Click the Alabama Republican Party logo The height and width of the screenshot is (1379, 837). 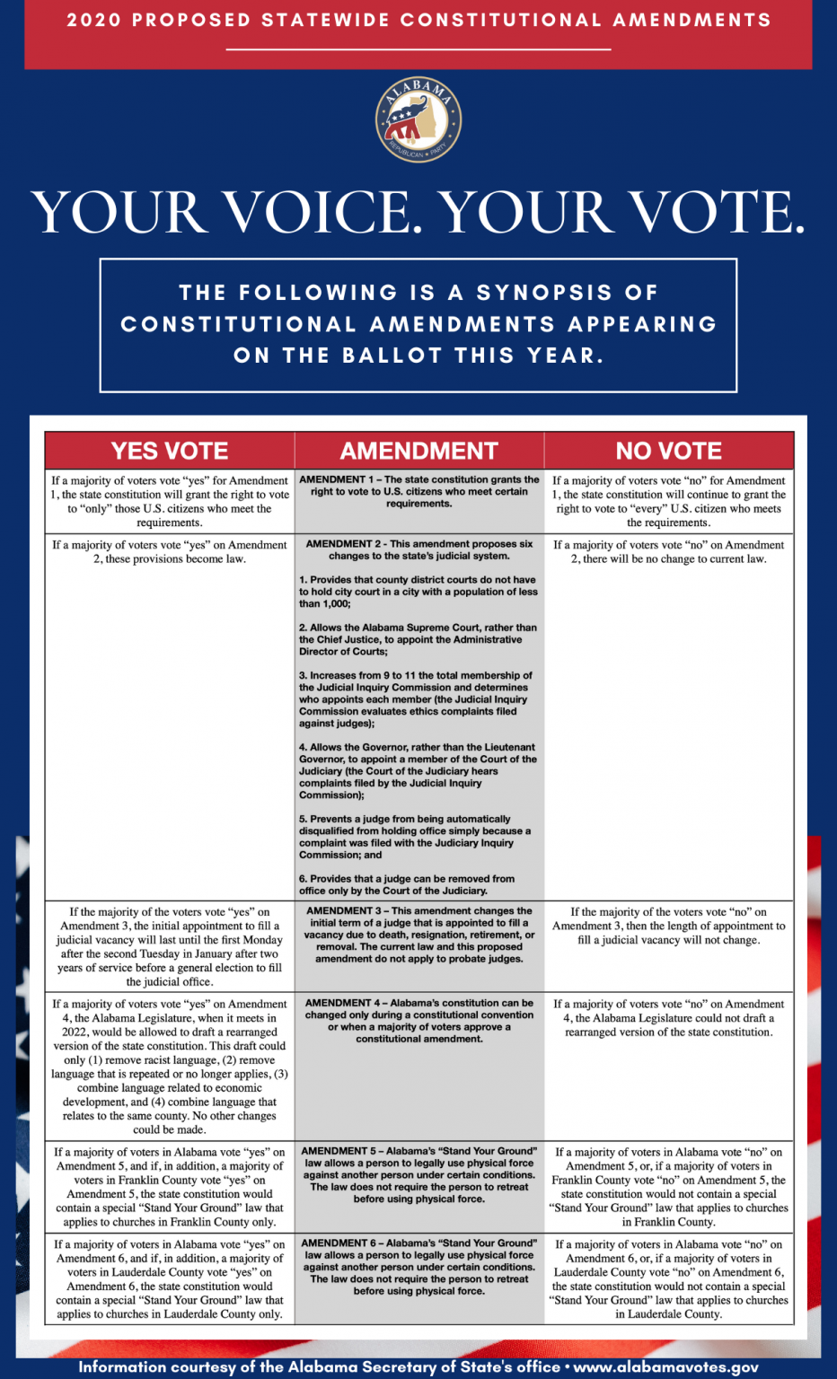click(x=418, y=119)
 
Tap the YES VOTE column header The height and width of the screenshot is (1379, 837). click(x=170, y=451)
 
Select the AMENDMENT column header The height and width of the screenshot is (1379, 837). click(x=418, y=451)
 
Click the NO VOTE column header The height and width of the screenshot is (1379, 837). click(x=668, y=451)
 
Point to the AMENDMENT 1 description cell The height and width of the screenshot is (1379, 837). click(x=419, y=491)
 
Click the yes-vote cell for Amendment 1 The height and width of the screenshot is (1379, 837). click(x=170, y=501)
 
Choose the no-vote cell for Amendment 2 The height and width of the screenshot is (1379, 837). click(x=668, y=551)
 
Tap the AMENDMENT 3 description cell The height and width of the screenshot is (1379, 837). click(x=419, y=935)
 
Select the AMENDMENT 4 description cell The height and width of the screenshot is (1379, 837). click(x=419, y=1020)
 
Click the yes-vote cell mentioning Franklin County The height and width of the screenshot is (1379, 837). click(x=170, y=1186)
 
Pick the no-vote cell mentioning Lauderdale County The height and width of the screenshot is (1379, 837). click(x=668, y=1278)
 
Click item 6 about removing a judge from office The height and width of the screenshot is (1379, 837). click(x=407, y=884)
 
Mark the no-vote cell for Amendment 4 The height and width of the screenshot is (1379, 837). click(x=668, y=1018)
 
